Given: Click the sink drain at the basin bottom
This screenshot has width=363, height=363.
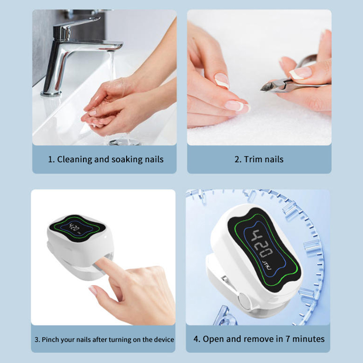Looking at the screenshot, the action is coord(125,142).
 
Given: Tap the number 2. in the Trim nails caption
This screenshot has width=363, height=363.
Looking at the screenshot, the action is coord(238,160).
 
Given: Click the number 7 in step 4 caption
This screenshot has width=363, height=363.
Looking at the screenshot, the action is coord(288,339).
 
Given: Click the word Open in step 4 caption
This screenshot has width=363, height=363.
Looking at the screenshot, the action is coord(213,339).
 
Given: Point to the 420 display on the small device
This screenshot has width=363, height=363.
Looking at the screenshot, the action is coord(74,227).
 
